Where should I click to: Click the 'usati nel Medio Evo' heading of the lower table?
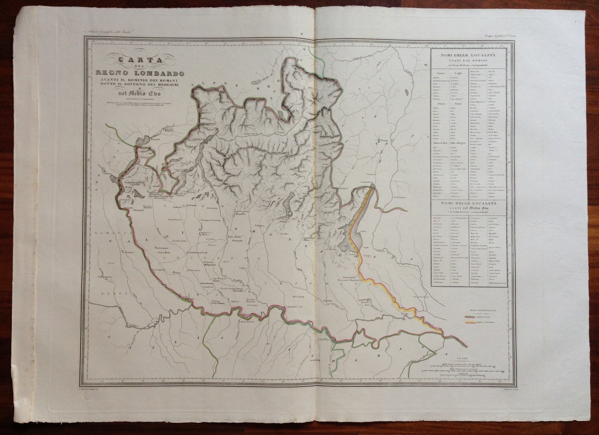pos(468,208)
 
